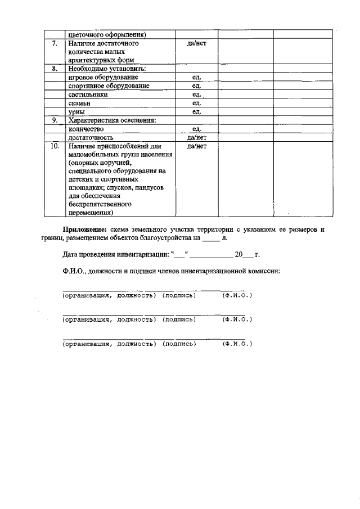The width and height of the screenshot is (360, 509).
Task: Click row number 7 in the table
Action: click(x=54, y=43)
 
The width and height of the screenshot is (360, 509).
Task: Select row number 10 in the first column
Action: click(x=54, y=146)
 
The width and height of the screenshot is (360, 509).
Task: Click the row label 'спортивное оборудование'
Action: click(x=109, y=86)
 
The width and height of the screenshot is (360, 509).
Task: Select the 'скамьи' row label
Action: click(x=79, y=103)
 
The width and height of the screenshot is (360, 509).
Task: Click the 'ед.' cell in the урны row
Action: click(x=196, y=112)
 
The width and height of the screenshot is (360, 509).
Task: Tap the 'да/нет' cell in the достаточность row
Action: click(x=196, y=137)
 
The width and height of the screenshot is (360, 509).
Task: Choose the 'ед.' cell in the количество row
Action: click(x=196, y=129)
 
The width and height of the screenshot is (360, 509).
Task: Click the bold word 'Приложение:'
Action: click(x=84, y=230)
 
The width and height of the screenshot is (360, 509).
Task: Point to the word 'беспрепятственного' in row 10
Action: click(x=100, y=205)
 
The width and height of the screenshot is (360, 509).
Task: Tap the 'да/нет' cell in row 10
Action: click(x=196, y=146)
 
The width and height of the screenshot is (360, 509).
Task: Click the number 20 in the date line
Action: click(x=238, y=254)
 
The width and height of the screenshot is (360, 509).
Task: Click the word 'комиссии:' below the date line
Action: click(x=264, y=271)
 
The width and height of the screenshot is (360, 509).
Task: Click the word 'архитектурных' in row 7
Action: click(x=93, y=60)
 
